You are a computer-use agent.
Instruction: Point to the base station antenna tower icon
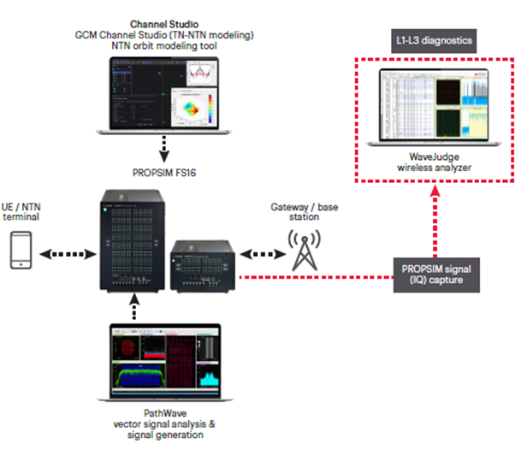pos(305,249)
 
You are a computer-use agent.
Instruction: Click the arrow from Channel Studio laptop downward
pos(163,151)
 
